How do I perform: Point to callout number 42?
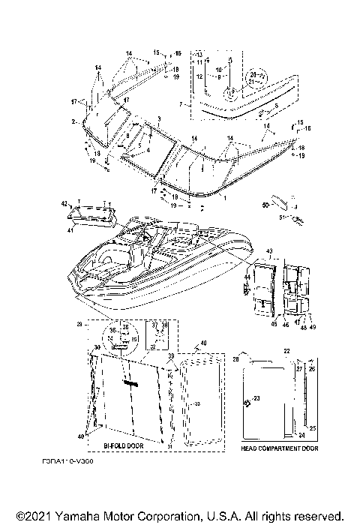64,203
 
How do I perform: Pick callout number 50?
265,203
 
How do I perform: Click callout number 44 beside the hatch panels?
245,278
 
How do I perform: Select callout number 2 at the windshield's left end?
73,121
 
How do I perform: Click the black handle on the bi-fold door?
133,382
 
